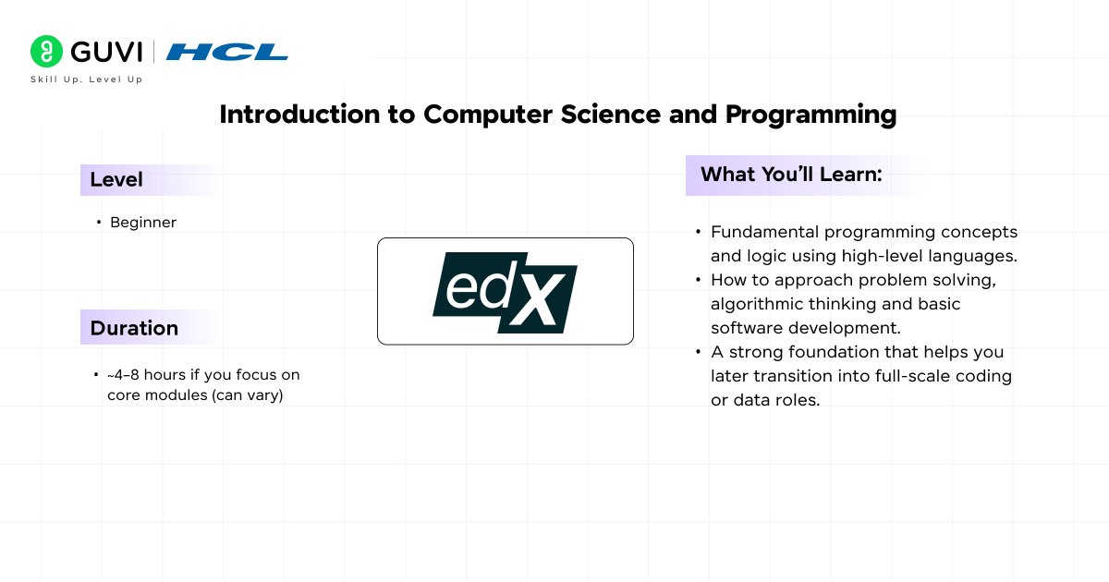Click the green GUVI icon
point(46,52)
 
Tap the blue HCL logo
point(227,53)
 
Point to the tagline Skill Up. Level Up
point(86,79)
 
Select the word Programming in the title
point(810,115)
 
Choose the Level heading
point(116,180)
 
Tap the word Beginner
point(143,223)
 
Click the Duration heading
point(134,328)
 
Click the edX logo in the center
point(505,291)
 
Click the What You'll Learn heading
point(791,175)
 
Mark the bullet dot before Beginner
point(98,223)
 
